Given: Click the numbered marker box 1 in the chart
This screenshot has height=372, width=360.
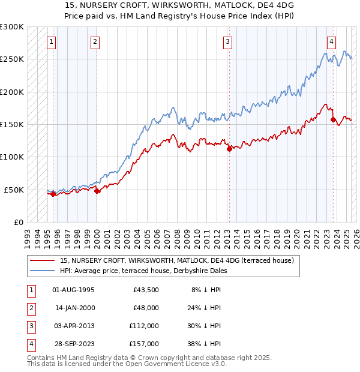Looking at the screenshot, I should click(52, 42).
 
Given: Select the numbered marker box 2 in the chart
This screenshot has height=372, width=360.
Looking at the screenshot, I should click(96, 42).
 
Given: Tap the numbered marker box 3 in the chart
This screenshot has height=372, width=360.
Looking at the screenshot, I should click(228, 42).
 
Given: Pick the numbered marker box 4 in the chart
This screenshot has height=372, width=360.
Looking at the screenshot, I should click(332, 42).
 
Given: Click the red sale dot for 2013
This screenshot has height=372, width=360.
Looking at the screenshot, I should click(229, 149).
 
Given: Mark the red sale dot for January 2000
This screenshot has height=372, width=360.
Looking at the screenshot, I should click(97, 191).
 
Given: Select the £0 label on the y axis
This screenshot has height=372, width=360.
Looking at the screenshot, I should click(18, 222).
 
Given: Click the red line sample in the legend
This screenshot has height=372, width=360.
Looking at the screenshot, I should click(42, 261).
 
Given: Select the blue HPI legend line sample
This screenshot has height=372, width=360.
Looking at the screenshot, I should click(42, 271).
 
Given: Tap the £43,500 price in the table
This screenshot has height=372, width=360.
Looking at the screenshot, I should click(144, 290).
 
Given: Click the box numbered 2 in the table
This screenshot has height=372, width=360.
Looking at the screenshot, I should click(31, 308).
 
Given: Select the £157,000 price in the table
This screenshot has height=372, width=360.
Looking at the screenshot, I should click(144, 344).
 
